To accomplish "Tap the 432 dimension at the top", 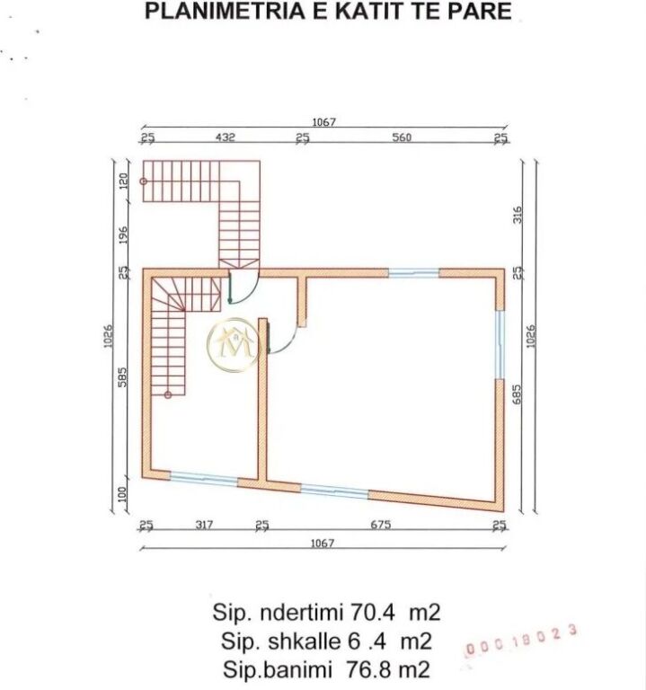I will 225,137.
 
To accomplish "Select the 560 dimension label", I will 402,137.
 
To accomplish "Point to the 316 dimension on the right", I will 518,216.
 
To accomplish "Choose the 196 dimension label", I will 124,234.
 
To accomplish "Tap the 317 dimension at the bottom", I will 204,526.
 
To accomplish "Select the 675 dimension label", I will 380,526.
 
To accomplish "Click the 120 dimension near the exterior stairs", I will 124,179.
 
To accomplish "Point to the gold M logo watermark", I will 233,342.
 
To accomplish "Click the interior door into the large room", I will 282,339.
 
